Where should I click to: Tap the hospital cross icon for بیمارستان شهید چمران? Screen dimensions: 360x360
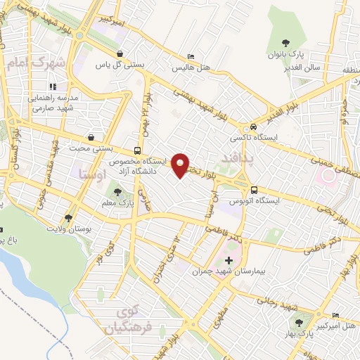click(229, 260)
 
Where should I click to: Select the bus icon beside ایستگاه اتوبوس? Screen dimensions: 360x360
click(255, 189)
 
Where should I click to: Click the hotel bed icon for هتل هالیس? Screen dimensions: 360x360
click(191, 57)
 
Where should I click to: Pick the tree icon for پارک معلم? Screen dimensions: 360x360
click(117, 191)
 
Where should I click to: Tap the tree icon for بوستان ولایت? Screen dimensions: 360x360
click(68, 218)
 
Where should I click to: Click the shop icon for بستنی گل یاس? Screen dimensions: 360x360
click(120, 53)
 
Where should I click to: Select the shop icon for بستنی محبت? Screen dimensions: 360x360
click(91, 138)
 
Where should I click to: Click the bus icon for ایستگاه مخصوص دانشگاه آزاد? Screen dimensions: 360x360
click(137, 150)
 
